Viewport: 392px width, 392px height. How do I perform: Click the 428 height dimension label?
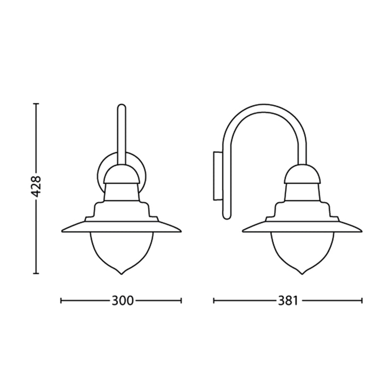pos(36,189)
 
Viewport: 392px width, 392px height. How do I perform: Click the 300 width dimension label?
pos(122,301)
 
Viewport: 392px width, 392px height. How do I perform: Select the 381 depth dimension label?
pos(288,301)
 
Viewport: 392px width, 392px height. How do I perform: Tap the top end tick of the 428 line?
pos(36,104)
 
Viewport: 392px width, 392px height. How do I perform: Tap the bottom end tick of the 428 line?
pos(36,273)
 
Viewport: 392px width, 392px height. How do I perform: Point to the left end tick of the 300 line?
pos(60,301)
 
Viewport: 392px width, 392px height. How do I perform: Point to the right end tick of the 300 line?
pos(181,301)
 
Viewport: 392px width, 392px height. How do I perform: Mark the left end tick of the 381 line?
pos(214,301)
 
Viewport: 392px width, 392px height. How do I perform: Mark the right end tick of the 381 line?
pos(362,301)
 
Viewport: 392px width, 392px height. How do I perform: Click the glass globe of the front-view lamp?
pos(121,250)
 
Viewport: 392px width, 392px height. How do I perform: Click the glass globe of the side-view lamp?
pos(302,250)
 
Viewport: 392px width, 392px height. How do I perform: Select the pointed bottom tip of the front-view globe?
pos(121,273)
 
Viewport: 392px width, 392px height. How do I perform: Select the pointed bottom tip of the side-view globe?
pos(302,273)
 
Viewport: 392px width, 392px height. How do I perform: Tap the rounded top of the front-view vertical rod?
pos(122,106)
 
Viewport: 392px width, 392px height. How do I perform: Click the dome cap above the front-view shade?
pos(121,172)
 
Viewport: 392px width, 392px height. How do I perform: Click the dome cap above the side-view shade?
pos(302,172)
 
